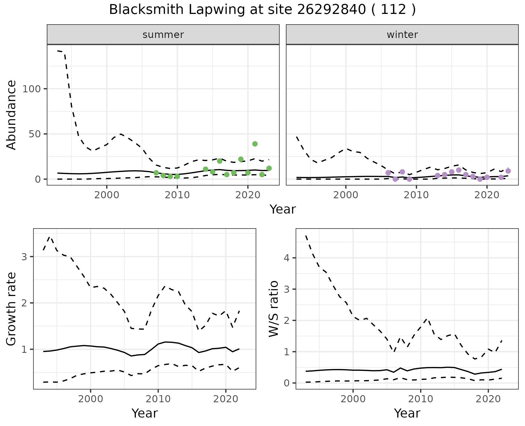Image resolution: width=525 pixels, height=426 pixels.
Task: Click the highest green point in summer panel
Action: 255,144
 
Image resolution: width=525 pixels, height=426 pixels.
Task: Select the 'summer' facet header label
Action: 163,35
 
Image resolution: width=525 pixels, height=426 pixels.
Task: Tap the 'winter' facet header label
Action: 402,35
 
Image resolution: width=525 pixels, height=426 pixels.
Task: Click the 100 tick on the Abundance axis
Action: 31,89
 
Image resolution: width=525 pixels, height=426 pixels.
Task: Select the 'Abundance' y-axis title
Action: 11,115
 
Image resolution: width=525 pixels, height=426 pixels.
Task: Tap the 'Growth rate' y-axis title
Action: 11,309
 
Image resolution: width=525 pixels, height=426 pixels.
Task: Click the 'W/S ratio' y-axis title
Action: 274,309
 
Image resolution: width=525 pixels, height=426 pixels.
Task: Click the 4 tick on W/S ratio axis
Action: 286,258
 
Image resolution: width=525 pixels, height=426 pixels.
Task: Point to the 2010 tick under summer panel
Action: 177,195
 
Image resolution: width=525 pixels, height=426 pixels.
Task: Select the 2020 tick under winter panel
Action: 487,195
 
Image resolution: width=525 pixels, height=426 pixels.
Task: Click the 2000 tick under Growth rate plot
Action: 91,399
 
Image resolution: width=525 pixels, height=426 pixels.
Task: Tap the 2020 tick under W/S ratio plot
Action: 488,399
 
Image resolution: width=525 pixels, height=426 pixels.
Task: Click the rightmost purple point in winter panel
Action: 508,171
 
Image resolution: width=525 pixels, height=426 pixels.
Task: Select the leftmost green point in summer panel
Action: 156,173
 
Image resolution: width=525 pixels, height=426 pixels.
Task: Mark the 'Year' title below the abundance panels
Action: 283,209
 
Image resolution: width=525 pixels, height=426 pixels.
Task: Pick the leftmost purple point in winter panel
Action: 388,173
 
